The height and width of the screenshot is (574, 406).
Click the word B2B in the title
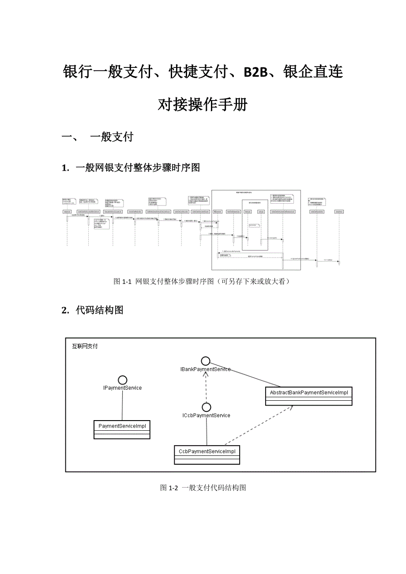coord(256,72)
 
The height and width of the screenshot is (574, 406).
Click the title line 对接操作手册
coord(203,105)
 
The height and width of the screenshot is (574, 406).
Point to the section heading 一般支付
coord(111,137)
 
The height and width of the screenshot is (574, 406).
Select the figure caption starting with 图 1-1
coord(202,281)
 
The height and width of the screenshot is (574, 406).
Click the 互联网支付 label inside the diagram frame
coord(85,347)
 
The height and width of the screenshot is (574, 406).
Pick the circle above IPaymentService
coord(122,380)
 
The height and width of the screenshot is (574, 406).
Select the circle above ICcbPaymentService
coord(206,407)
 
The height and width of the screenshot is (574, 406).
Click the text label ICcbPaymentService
coord(206,415)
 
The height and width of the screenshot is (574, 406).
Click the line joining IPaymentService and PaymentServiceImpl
coord(122,406)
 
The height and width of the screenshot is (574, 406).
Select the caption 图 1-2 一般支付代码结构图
coord(203,488)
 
